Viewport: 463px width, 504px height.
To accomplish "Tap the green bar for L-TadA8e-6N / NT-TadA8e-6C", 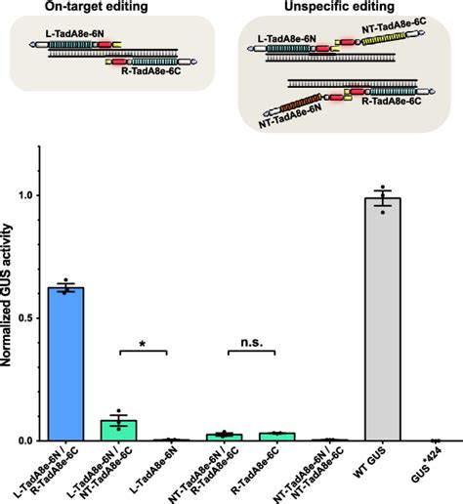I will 119,431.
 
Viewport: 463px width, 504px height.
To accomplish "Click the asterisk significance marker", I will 145,344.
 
